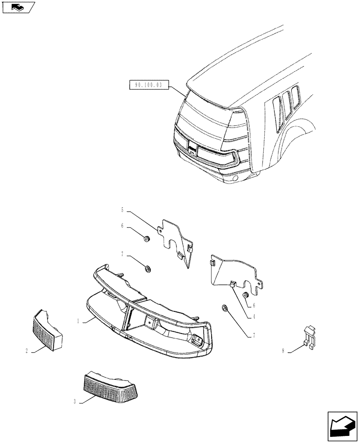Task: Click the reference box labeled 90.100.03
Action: [149, 84]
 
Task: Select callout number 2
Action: [27, 351]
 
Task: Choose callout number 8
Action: [283, 351]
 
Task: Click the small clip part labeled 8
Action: [310, 337]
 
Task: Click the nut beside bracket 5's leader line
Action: [147, 240]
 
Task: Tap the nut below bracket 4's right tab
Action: [246, 295]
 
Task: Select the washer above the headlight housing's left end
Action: [148, 268]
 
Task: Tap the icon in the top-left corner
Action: [17, 7]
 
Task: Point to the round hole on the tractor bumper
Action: [235, 179]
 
